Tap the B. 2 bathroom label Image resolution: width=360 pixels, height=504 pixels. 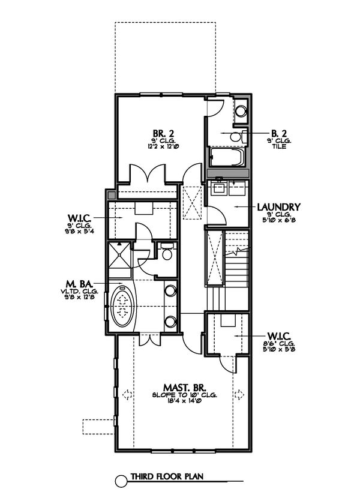tap(277, 133)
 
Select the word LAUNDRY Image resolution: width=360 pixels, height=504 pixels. tap(278, 207)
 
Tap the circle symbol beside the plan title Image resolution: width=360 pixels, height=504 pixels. tap(120, 478)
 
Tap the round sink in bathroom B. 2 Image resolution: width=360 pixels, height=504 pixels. tap(241, 110)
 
